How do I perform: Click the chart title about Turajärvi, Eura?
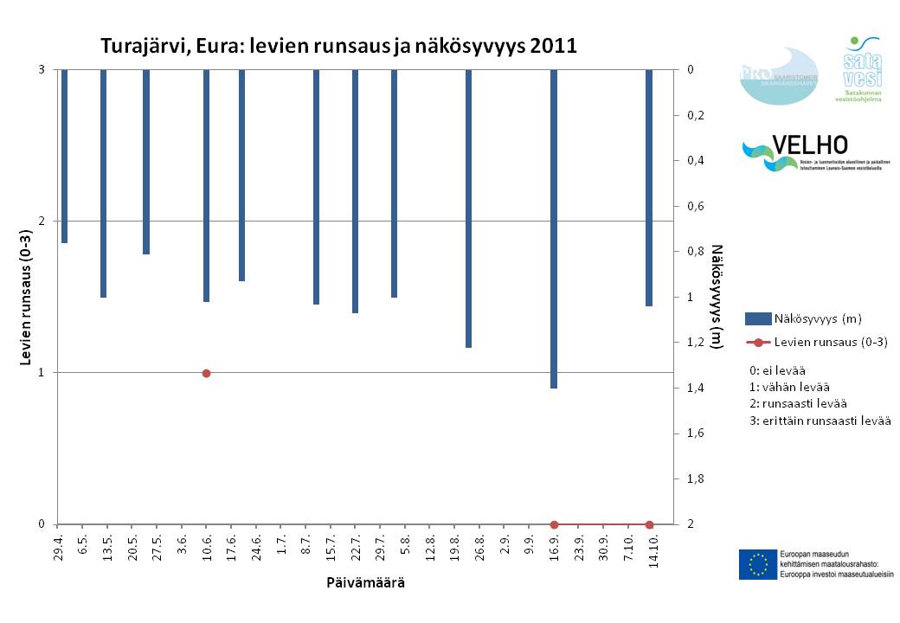(338, 45)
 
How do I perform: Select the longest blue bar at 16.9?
(554, 228)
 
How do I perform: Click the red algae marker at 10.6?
(206, 373)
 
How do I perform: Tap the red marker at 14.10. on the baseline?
(649, 524)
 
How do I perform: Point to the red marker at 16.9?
(554, 524)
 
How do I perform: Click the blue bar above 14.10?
(649, 188)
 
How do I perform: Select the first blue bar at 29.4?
(64, 156)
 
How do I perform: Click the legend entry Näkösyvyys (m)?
(817, 318)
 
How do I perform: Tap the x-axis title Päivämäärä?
(365, 582)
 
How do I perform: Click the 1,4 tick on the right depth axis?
(694, 388)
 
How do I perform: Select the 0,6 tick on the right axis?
(694, 206)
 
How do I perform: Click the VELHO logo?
(794, 155)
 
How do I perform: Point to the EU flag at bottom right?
(757, 564)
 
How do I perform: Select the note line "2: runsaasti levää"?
(798, 403)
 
